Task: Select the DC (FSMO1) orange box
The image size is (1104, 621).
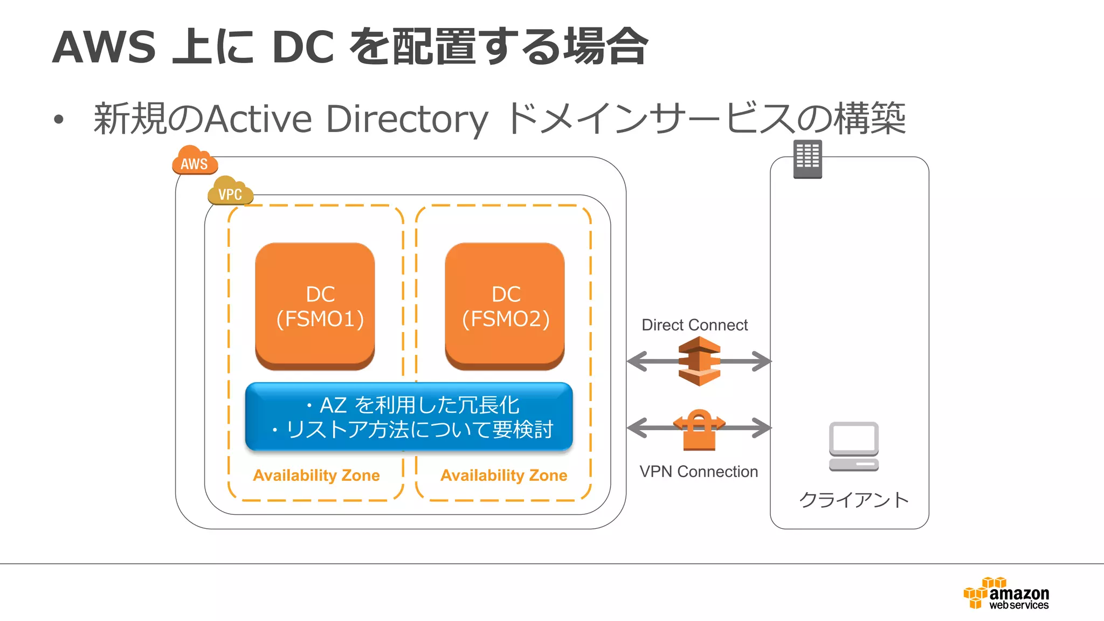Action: tap(315, 306)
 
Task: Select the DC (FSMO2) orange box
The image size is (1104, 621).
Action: tap(505, 306)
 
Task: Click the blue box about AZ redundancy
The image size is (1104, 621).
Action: tap(409, 417)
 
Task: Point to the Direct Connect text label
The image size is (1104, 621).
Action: tap(694, 325)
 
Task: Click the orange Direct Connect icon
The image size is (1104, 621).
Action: tap(699, 361)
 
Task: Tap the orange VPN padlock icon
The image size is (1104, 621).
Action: tap(699, 430)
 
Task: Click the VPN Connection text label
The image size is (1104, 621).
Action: tap(699, 472)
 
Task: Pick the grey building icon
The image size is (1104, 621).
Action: tap(808, 159)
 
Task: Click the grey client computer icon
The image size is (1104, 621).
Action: tap(854, 446)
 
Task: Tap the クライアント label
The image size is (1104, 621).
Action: tap(854, 500)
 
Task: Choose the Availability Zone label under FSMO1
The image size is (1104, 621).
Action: tap(316, 475)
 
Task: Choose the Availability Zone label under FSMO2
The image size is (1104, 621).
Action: tap(504, 475)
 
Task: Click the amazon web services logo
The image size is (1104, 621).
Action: tap(1006, 594)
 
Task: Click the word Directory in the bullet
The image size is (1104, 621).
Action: tap(407, 119)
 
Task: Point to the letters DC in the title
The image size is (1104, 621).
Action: tap(303, 47)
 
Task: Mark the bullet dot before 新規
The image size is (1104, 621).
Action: tap(59, 120)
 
